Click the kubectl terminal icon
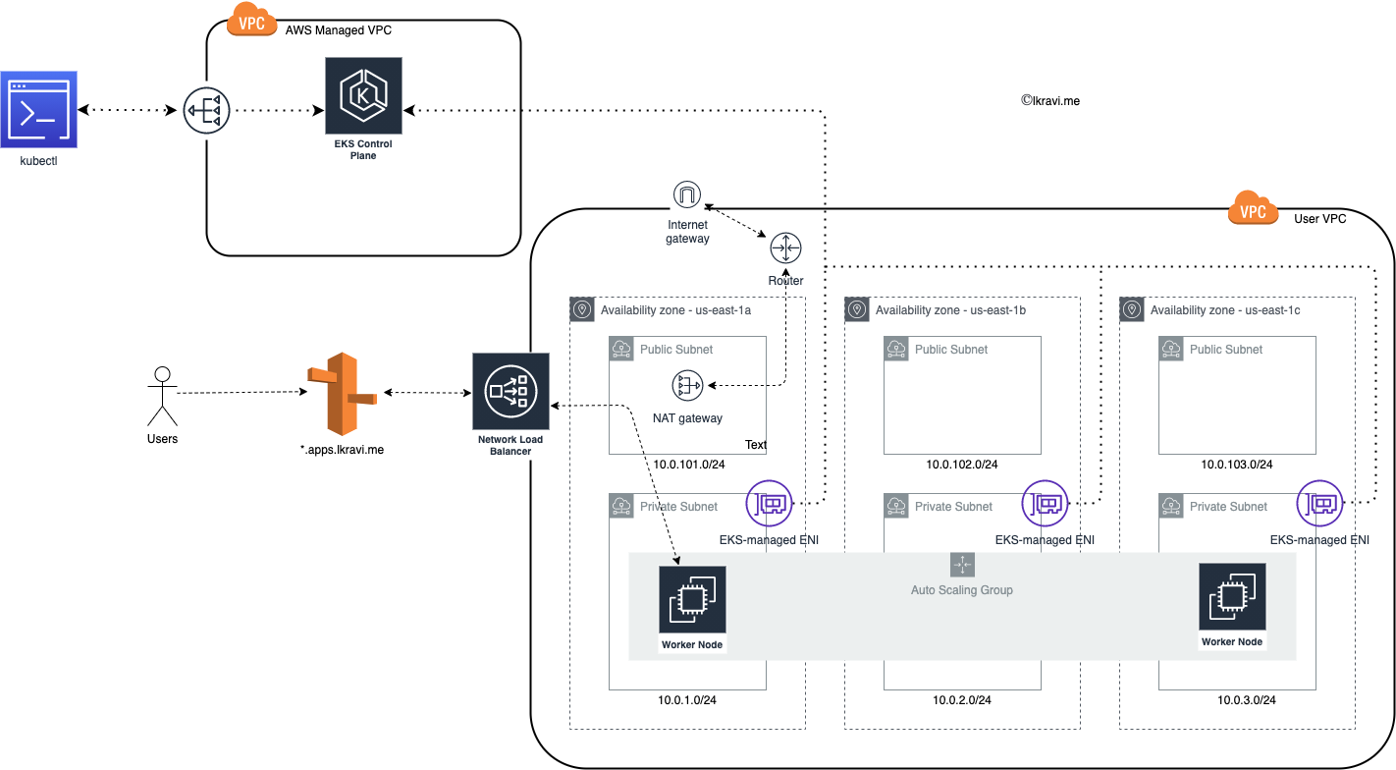pyautogui.click(x=38, y=109)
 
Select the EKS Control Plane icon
pyautogui.click(x=363, y=95)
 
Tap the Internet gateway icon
pyautogui.click(x=687, y=194)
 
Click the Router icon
pyautogui.click(x=785, y=248)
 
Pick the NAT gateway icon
pyautogui.click(x=687, y=385)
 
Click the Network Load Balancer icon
pyautogui.click(x=510, y=392)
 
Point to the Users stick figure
pyautogui.click(x=162, y=397)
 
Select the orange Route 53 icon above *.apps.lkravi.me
pyautogui.click(x=343, y=394)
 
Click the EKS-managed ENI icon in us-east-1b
pyautogui.click(x=1046, y=503)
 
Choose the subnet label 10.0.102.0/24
pyautogui.click(x=962, y=465)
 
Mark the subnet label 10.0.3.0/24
pyautogui.click(x=1247, y=700)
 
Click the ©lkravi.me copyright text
pyautogui.click(x=1050, y=100)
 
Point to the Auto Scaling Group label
pyautogui.click(x=962, y=590)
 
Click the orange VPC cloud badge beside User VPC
pyautogui.click(x=1253, y=209)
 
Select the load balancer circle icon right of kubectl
pyautogui.click(x=206, y=110)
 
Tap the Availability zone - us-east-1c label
pyautogui.click(x=1224, y=310)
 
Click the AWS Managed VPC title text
pyautogui.click(x=339, y=29)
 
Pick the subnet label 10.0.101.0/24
pyautogui.click(x=688, y=465)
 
